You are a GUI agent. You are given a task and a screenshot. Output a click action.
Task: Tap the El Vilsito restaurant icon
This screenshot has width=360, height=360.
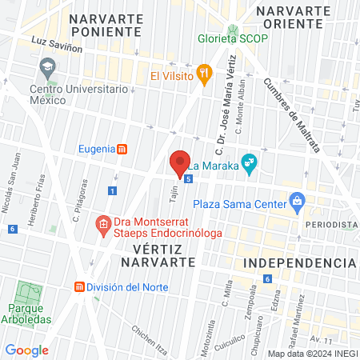205,75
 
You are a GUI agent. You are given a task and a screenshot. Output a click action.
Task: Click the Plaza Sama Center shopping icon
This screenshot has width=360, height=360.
298,200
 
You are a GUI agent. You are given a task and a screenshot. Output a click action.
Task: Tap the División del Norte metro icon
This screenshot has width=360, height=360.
79,286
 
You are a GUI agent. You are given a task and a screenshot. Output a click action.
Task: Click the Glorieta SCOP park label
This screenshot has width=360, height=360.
237,38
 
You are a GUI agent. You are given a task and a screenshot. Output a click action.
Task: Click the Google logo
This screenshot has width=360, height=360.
26,350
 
